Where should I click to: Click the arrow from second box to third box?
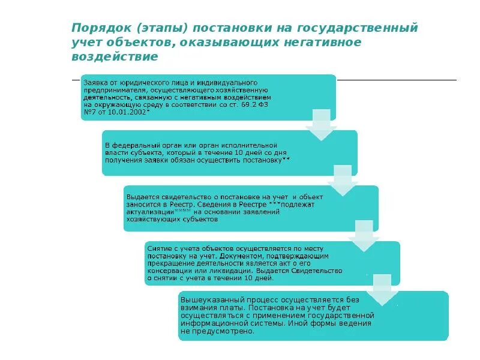pos(343,181)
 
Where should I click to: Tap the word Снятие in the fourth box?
pos(159,247)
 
